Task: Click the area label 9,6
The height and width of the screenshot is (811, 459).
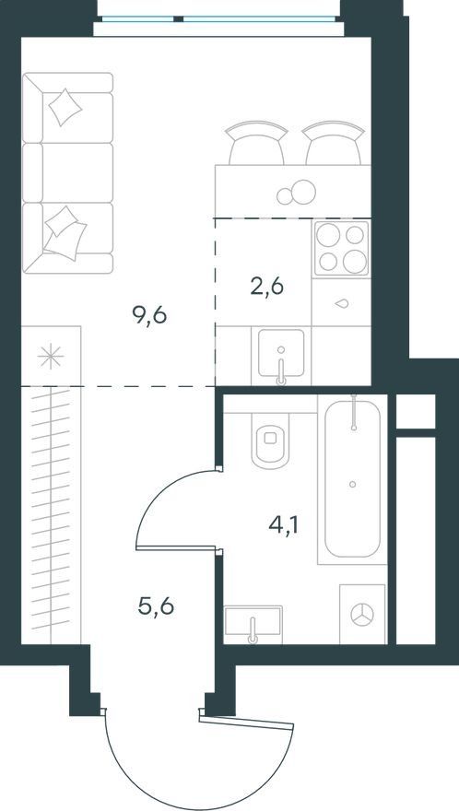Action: (x=149, y=315)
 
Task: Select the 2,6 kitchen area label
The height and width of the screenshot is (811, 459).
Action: (x=267, y=286)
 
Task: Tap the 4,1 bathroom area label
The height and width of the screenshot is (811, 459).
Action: (x=285, y=526)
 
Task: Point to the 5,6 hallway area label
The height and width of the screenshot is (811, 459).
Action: (x=156, y=605)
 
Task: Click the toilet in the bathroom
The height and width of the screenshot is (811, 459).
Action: (x=270, y=440)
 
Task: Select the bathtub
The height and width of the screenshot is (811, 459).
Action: (x=352, y=479)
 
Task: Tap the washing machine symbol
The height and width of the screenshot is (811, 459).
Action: (x=362, y=615)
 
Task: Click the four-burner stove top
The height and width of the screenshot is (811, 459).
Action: (x=342, y=248)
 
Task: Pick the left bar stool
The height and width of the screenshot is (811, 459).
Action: (x=256, y=143)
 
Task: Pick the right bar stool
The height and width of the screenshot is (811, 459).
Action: (x=334, y=143)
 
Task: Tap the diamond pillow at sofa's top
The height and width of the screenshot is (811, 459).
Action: (x=65, y=107)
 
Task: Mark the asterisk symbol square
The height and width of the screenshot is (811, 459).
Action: (x=51, y=356)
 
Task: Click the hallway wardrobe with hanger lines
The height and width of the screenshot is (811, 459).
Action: (x=51, y=515)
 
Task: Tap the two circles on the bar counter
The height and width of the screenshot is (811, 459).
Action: (x=296, y=193)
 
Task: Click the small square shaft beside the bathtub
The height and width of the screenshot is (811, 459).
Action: (x=416, y=411)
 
